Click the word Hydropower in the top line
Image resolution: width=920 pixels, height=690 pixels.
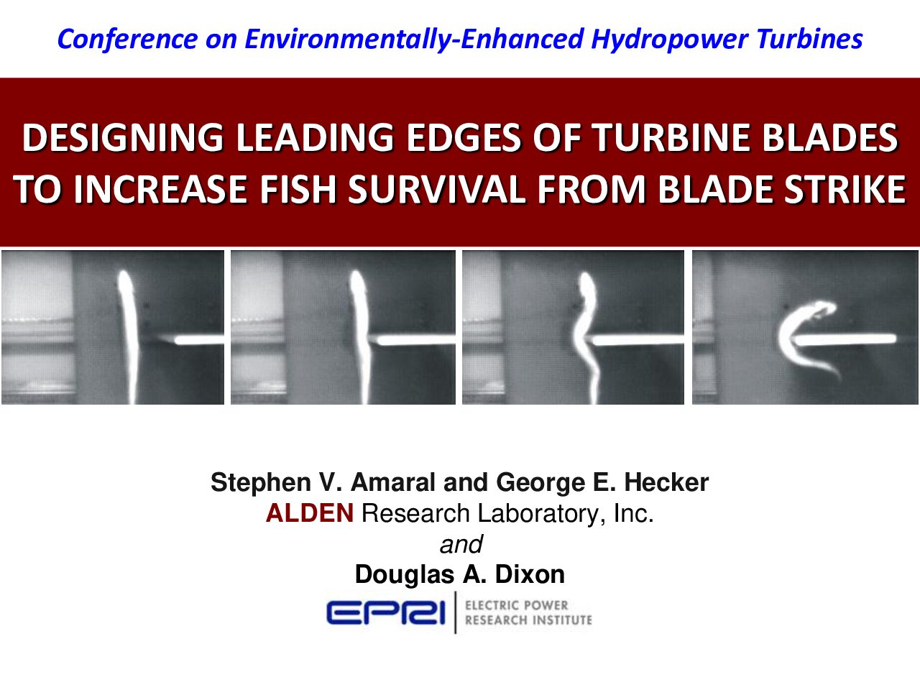point(669,40)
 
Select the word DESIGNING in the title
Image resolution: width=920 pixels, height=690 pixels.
point(122,138)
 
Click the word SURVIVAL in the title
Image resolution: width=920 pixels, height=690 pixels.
point(436,189)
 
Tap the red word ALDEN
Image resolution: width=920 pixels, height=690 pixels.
point(310,513)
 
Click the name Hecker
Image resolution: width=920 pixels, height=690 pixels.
point(666,482)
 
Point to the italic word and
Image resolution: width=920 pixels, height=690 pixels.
point(461,544)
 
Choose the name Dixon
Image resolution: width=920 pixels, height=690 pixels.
point(530,574)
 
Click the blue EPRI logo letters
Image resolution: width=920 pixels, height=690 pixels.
point(385,613)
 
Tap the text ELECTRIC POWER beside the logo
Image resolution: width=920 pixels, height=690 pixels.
point(516,605)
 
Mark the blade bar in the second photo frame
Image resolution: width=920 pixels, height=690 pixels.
point(414,339)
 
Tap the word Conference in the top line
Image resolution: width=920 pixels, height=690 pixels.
point(127,40)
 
